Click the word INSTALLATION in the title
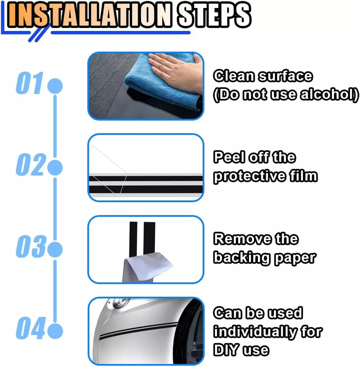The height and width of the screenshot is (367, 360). tap(89, 15)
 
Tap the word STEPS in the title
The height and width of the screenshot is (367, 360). tap(213, 15)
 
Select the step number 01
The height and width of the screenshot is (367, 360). tap(30, 83)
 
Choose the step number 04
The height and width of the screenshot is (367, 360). tap(30, 328)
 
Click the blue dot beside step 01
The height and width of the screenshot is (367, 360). tap(55, 86)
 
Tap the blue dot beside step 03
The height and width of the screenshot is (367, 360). tap(55, 249)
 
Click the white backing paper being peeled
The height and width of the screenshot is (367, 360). tap(147, 268)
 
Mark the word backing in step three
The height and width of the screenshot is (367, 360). tap(242, 258)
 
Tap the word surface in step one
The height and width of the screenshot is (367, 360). tap(285, 76)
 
